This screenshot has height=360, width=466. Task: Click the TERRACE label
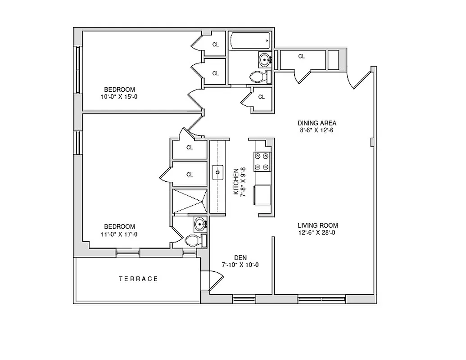click(x=138, y=279)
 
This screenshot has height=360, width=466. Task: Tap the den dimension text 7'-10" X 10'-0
click(x=240, y=265)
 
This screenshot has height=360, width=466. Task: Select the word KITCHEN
click(x=235, y=182)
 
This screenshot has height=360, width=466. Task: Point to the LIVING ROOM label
click(x=317, y=225)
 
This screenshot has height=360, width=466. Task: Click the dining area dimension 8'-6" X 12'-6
click(x=317, y=130)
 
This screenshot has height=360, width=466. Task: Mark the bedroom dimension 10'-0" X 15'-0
click(x=119, y=97)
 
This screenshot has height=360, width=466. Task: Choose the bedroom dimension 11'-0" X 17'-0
click(x=119, y=234)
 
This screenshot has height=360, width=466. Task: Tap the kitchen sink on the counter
click(x=218, y=172)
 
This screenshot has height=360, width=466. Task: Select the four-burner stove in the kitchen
click(x=262, y=162)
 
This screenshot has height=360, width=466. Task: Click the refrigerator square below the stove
click(x=262, y=194)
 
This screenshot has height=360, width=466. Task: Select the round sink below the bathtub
click(x=264, y=59)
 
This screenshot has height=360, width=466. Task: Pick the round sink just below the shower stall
click(x=199, y=223)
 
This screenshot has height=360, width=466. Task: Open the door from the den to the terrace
click(x=211, y=280)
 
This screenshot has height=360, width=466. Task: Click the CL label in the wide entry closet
click(x=301, y=56)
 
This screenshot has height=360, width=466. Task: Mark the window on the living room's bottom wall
click(x=322, y=298)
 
